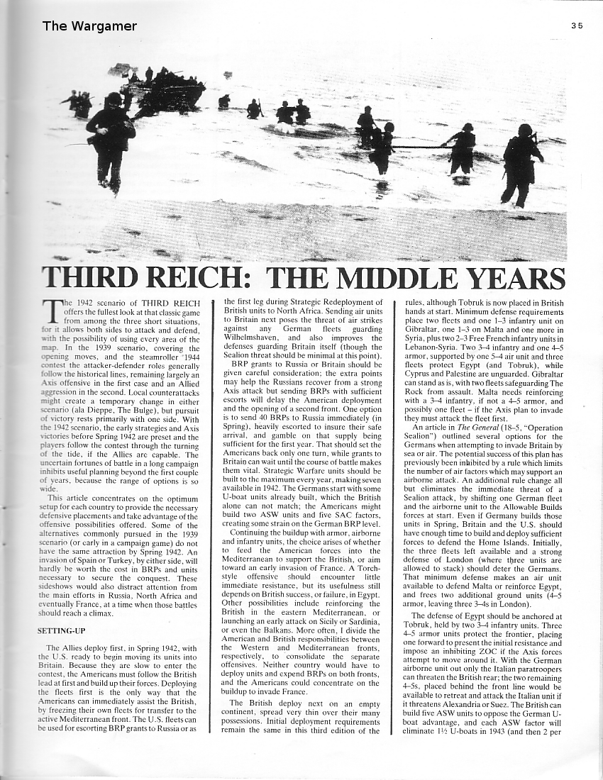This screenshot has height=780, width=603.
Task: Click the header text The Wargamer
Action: click(x=89, y=27)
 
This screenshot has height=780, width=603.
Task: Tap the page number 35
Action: click(x=576, y=26)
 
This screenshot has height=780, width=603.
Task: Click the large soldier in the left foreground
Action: click(x=111, y=138)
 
